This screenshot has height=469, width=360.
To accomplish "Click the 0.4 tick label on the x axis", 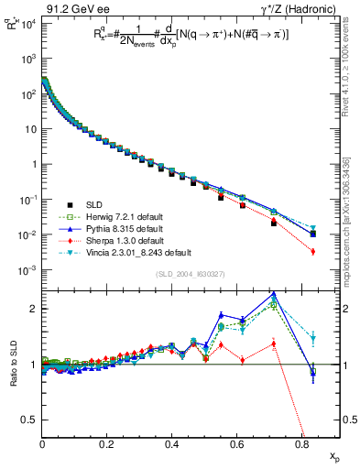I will coord(172,443).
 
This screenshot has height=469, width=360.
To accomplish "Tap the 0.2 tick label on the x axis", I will coord(107,443).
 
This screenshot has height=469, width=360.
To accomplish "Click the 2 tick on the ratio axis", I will coord(33,309).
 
